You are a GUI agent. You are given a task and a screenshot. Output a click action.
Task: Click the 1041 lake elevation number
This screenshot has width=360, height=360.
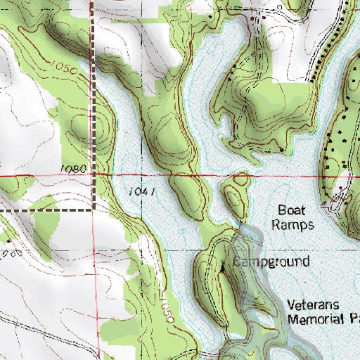(x=142, y=191)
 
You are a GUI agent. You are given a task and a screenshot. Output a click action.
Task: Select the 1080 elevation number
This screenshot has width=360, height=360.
(x=74, y=169)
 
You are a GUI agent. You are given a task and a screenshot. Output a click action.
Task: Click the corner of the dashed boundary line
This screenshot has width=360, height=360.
(x=94, y=210)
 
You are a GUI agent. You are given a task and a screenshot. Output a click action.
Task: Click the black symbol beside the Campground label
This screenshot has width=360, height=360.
(x=224, y=267)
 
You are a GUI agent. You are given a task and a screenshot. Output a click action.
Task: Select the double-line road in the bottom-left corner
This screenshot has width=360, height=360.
(x=28, y=330)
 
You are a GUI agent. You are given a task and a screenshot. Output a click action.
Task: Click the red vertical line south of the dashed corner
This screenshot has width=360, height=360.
(x=96, y=281)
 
